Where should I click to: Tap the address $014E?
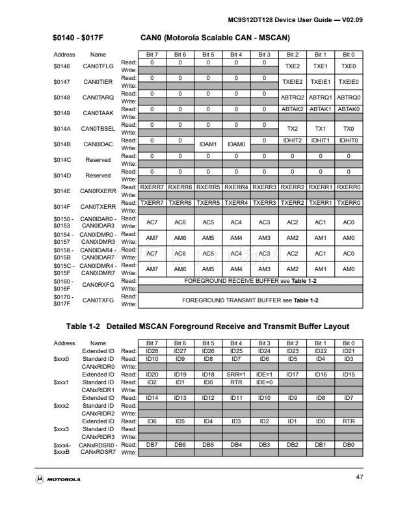61,191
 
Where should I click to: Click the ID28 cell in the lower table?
152,351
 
